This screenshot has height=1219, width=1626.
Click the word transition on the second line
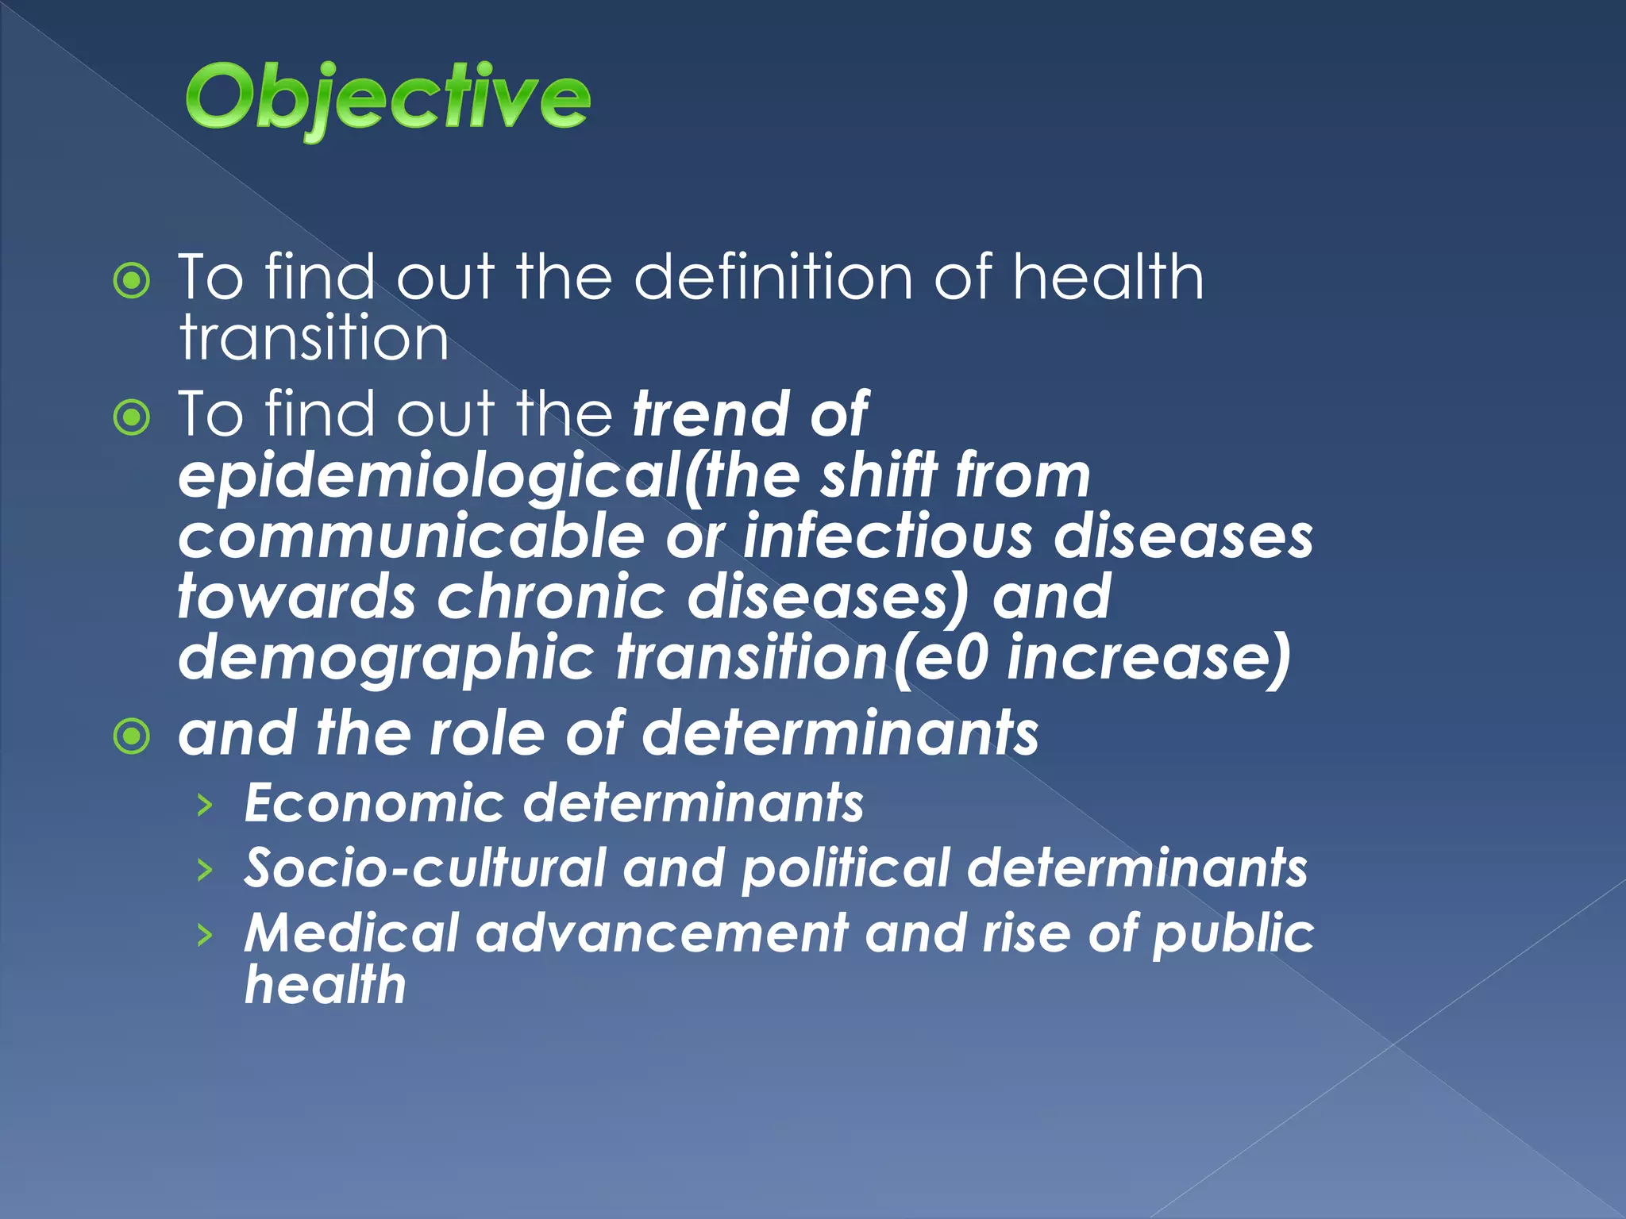pyautogui.click(x=314, y=338)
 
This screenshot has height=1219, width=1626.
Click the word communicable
pyautogui.click(x=410, y=536)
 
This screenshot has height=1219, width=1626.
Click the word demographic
pyautogui.click(x=386, y=659)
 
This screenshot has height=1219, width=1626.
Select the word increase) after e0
pyautogui.click(x=1148, y=659)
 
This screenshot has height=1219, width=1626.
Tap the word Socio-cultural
pyautogui.click(x=425, y=868)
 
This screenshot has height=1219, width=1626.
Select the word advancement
pyautogui.click(x=661, y=933)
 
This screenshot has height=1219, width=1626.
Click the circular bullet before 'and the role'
pyautogui.click(x=132, y=736)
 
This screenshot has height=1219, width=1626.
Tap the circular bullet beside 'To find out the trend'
pyautogui.click(x=132, y=417)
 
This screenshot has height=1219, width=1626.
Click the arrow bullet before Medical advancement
pyautogui.click(x=205, y=935)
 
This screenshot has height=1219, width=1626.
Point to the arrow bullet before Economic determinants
pyautogui.click(x=205, y=806)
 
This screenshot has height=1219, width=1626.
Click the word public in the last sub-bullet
pyautogui.click(x=1232, y=933)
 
